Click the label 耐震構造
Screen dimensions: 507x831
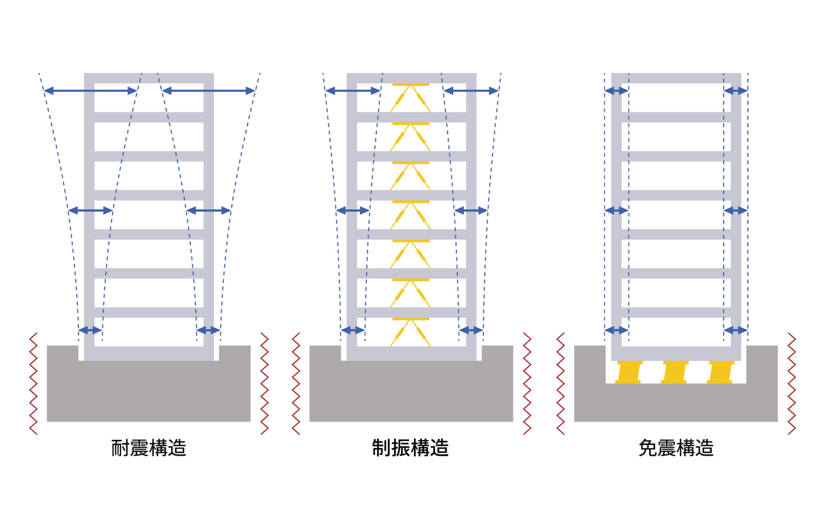[149, 448]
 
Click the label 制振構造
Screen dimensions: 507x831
[411, 448]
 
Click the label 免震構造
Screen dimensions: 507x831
[676, 448]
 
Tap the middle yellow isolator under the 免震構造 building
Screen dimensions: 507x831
[674, 372]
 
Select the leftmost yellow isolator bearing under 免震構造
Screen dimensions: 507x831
[629, 372]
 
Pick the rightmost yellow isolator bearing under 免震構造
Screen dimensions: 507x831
[720, 372]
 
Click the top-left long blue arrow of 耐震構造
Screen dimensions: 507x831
[90, 91]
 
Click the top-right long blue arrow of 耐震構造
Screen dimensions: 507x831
[208, 91]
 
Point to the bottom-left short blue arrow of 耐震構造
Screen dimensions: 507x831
[90, 330]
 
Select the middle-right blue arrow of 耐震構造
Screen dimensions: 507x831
[208, 210]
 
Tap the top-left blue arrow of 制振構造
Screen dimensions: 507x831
[353, 91]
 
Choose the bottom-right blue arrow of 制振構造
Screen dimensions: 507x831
[471, 330]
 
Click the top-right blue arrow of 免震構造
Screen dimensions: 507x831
[735, 91]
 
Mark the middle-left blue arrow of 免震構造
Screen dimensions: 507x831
[616, 210]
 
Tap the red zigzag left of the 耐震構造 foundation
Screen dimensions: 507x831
[33, 383]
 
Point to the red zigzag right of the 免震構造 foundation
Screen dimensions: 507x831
[791, 383]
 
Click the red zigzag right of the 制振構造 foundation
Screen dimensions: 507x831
[527, 383]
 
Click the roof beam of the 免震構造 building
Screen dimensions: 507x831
[676, 78]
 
